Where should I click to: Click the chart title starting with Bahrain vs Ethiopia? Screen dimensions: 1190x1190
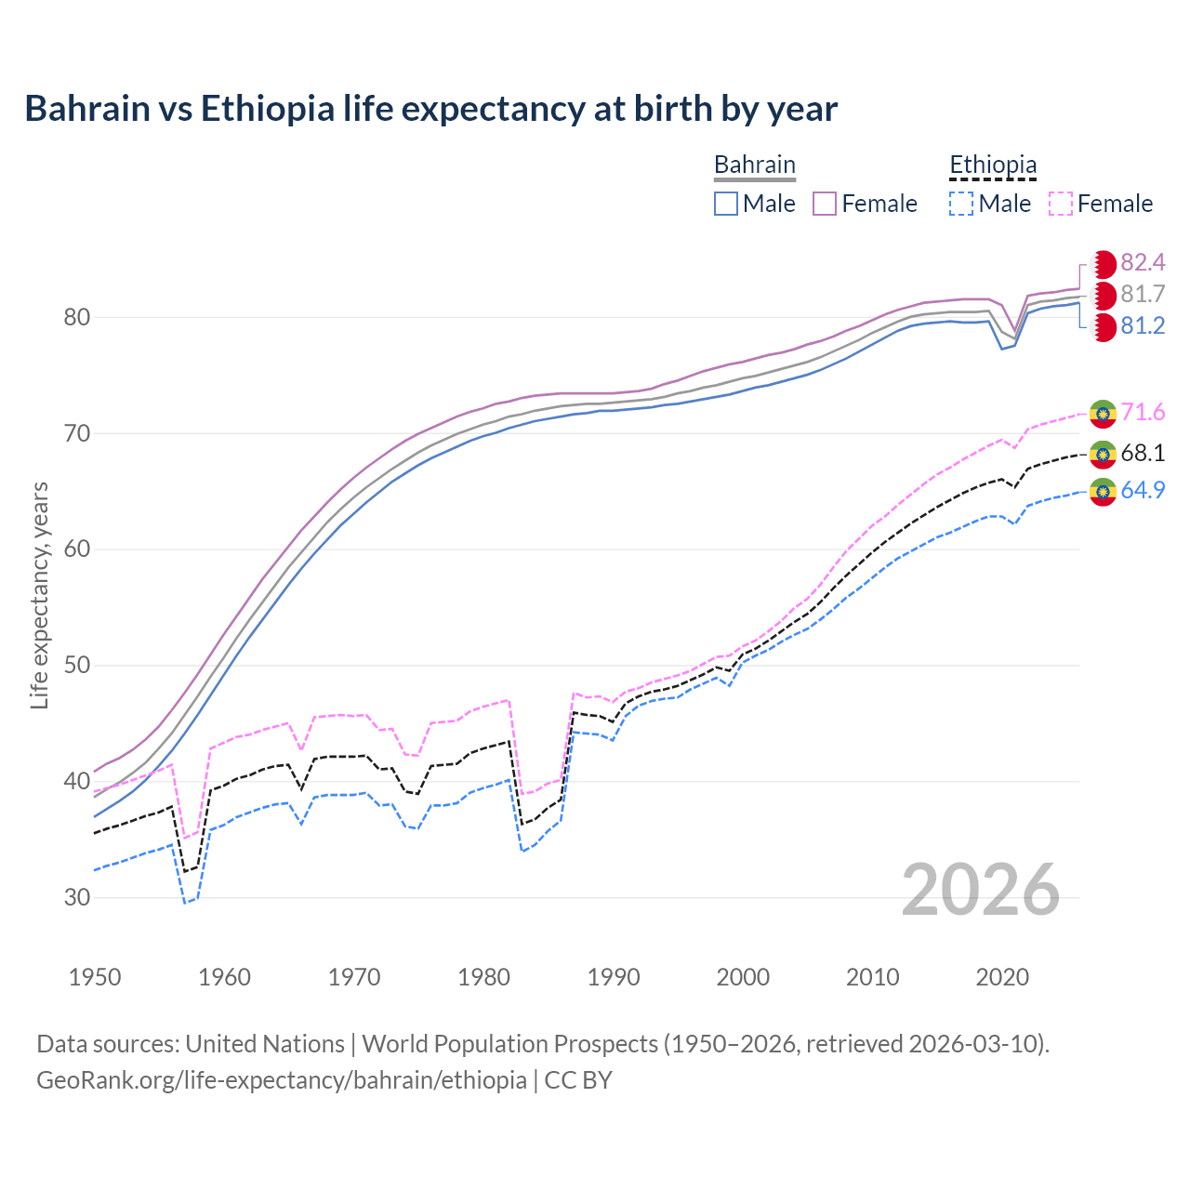pyautogui.click(x=430, y=109)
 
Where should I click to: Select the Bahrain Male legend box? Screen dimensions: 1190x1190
pyautogui.click(x=726, y=204)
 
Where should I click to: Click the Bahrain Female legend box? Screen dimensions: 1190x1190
pyautogui.click(x=825, y=204)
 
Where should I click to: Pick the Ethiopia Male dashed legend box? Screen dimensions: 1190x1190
pyautogui.click(x=961, y=204)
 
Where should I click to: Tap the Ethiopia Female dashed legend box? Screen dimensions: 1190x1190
pyautogui.click(x=1061, y=204)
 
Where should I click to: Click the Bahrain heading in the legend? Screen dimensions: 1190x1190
pyautogui.click(x=754, y=165)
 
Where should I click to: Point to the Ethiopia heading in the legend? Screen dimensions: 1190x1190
pyautogui.click(x=992, y=165)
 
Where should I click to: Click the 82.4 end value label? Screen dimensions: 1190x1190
pyautogui.click(x=1143, y=263)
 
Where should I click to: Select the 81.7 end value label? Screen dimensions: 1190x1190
pyautogui.click(x=1143, y=295)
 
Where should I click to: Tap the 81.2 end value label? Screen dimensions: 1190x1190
pyautogui.click(x=1143, y=326)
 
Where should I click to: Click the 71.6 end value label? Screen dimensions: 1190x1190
pyautogui.click(x=1143, y=413)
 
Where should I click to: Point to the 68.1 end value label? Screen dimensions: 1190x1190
pyautogui.click(x=1143, y=454)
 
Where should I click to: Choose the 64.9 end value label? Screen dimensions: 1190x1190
pyautogui.click(x=1143, y=490)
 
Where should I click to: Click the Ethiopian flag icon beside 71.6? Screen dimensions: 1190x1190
pyautogui.click(x=1103, y=413)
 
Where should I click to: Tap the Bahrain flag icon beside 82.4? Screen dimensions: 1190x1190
pyautogui.click(x=1103, y=264)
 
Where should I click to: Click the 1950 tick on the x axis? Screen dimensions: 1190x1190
pyautogui.click(x=95, y=977)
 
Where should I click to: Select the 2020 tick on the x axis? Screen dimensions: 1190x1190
pyautogui.click(x=1002, y=977)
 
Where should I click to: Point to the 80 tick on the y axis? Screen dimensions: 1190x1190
pyautogui.click(x=76, y=317)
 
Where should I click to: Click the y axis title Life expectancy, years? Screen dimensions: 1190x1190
pyautogui.click(x=39, y=595)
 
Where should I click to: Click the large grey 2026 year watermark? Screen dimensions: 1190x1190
pyautogui.click(x=980, y=890)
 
